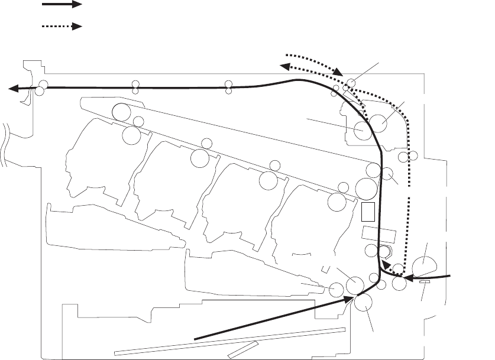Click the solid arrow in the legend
click(62, 5)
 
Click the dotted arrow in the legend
click(62, 27)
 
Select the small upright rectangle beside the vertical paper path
click(368, 210)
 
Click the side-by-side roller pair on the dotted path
click(407, 156)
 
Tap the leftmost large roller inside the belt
click(122, 111)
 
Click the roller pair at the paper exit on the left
click(41, 87)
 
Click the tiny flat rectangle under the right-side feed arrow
click(423, 283)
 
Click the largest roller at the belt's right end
click(367, 190)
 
